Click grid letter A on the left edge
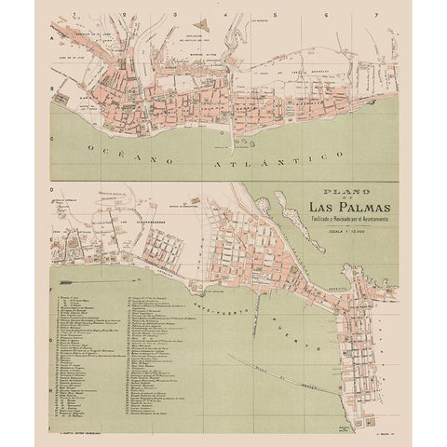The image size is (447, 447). (x=51, y=42)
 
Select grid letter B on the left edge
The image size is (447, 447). (x=51, y=93)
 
